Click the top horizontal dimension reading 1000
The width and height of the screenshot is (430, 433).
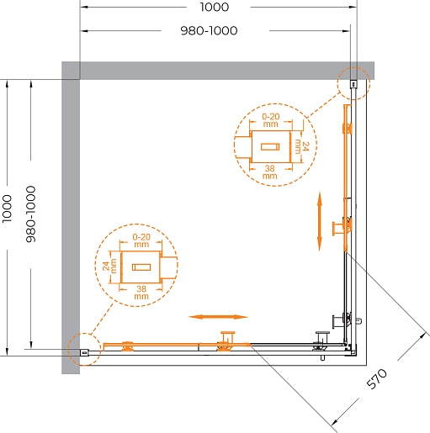(215, 7)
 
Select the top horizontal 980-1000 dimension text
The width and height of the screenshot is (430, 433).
(209, 30)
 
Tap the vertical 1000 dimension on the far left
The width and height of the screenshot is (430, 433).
(7, 209)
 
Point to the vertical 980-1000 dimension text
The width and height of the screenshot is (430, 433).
(31, 214)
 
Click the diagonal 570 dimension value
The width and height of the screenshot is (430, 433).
(377, 379)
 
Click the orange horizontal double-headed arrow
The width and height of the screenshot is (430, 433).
(218, 317)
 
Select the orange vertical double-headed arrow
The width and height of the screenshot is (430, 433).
(320, 221)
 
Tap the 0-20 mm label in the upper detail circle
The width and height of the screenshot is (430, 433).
(271, 120)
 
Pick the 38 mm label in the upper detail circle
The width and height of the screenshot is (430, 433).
(269, 172)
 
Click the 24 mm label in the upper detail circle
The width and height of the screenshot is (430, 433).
(302, 146)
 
